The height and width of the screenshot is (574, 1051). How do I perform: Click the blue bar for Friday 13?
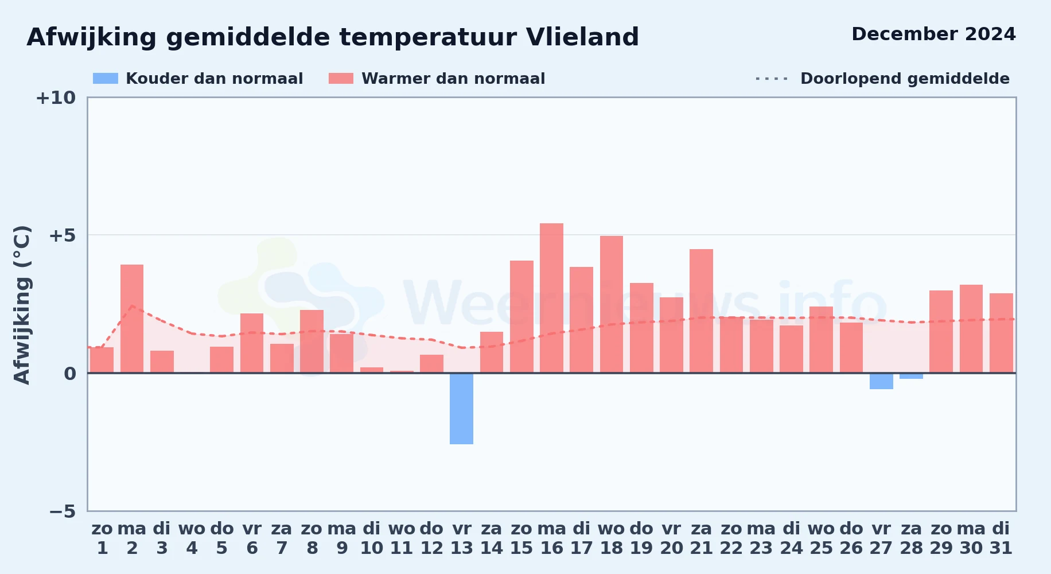point(461,409)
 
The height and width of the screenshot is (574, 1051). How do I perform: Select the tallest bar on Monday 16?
point(551,298)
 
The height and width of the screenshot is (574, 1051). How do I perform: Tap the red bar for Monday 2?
point(132,319)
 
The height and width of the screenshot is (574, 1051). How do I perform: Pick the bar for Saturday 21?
point(701,311)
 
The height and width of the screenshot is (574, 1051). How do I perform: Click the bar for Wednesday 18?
point(612,304)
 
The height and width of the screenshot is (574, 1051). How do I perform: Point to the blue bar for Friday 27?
point(881,381)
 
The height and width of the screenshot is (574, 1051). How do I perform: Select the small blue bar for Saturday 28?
point(911,376)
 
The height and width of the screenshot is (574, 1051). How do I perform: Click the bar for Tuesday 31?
point(1001,333)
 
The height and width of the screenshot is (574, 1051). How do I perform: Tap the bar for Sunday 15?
point(521,317)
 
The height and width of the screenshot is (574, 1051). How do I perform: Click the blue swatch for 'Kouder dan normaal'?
point(106,79)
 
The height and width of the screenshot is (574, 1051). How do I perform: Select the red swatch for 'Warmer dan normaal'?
point(341,79)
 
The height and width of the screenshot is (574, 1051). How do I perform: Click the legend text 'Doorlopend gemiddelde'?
point(905,79)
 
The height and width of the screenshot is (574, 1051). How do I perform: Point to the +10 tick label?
point(56,98)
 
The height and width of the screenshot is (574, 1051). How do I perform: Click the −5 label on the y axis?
point(63,511)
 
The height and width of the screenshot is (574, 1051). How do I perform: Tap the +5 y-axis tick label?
point(63,235)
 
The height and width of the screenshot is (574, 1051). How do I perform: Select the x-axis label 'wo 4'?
point(192,538)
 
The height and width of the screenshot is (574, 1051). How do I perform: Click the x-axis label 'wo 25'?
point(821,538)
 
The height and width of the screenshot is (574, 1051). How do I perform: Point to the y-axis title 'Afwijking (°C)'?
point(22,305)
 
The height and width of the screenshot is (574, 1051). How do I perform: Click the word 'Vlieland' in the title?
point(582,37)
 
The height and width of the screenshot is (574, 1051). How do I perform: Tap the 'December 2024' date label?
point(933,34)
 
